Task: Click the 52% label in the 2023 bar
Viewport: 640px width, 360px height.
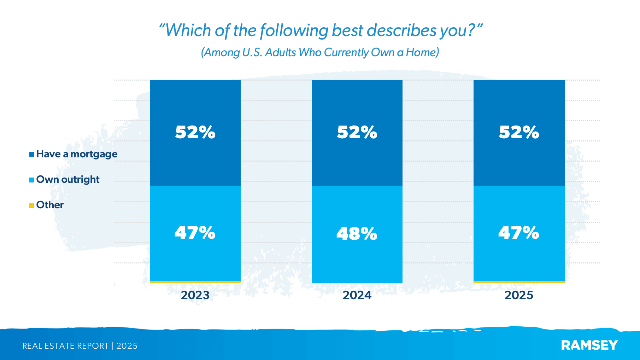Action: point(195,132)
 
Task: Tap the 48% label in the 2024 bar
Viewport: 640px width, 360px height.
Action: point(357,234)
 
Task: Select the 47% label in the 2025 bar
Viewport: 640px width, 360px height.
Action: point(518,233)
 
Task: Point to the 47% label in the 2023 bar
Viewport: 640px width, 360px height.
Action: point(195,233)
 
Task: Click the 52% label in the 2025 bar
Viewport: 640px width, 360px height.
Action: point(519,132)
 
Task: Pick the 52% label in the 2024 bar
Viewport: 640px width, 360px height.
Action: point(357,132)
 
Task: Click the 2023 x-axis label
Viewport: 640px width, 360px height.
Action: point(195,295)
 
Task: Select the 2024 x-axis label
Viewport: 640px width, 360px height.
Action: point(357,295)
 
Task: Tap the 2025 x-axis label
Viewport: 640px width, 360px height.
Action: point(518,295)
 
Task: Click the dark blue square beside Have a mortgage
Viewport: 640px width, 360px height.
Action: point(32,155)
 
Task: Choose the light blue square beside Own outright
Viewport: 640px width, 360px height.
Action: point(32,180)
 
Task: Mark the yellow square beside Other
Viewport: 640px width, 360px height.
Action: point(32,205)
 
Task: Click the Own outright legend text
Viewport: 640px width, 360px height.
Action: point(68,180)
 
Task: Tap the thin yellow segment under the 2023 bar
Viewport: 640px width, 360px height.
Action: point(195,282)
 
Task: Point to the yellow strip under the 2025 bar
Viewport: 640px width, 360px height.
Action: point(519,282)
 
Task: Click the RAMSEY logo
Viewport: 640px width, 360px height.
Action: point(589,345)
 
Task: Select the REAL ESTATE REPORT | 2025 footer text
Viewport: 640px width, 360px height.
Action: point(80,346)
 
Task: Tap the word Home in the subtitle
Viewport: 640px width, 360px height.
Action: point(421,52)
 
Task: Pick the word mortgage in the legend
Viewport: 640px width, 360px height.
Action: point(94,154)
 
